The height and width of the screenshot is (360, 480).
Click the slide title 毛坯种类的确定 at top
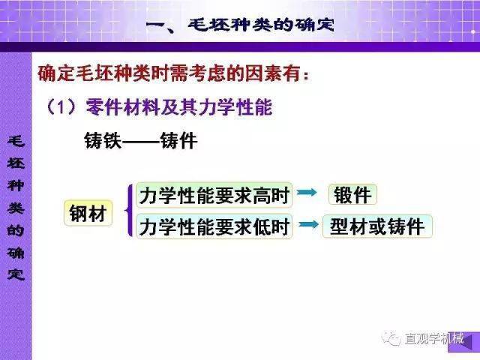261,25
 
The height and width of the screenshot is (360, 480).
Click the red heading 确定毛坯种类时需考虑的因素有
173,73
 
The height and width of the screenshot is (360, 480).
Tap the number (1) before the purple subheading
61,107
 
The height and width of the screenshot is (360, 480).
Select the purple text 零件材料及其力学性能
179,107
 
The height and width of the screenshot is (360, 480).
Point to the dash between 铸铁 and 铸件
141,142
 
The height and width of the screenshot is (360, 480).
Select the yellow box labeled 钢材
88,213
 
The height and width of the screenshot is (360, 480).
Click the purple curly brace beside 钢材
129,210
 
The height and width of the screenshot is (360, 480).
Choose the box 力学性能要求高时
214,195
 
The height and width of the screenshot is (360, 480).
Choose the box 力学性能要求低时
214,226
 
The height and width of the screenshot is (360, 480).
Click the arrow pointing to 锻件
307,192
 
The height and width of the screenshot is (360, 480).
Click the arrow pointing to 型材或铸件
308,225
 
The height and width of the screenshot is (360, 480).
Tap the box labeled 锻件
352,194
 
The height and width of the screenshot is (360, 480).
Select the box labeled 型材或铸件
377,226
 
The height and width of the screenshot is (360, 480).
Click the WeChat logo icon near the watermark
391,338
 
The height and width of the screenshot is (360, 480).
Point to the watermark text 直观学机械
434,338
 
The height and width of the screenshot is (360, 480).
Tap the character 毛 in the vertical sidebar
16,142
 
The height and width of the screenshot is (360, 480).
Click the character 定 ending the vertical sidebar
16,274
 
